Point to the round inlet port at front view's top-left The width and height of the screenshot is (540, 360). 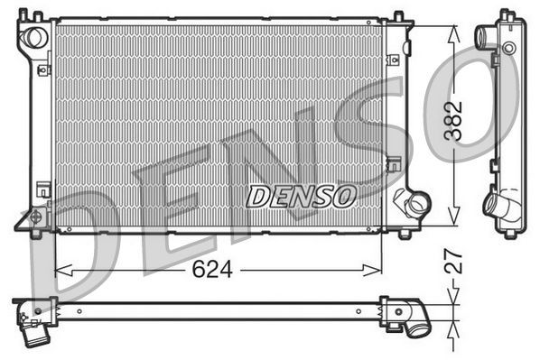point(35,38)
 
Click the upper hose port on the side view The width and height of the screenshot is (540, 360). point(486,37)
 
